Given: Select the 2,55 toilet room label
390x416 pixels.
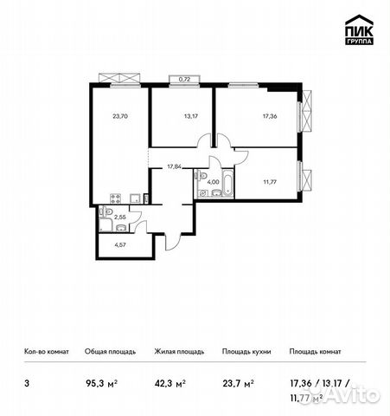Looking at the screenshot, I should (x=121, y=218).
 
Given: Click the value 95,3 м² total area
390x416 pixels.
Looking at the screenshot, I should (x=100, y=380).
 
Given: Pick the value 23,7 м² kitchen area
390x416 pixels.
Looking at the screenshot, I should (x=236, y=380).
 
